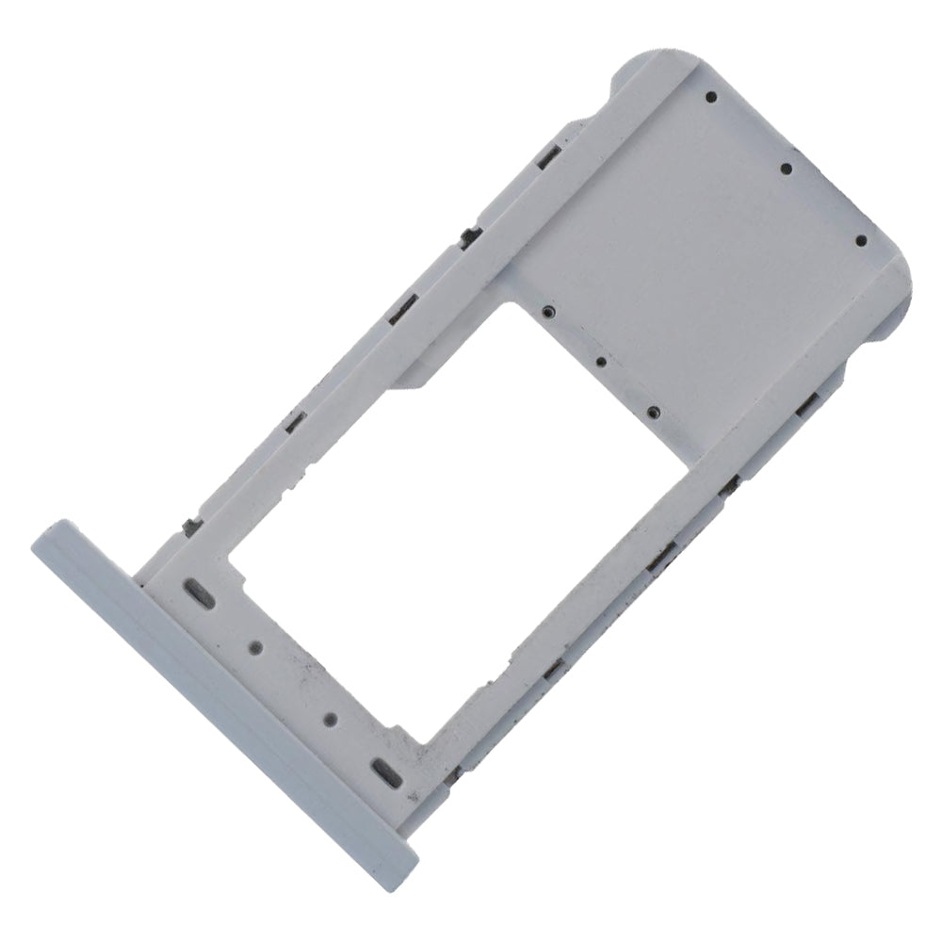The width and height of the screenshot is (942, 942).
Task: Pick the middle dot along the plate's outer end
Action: coord(786,170)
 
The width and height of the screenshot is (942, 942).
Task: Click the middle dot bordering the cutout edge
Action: coord(600,362)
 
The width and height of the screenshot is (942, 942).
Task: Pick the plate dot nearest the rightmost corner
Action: coord(861,240)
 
